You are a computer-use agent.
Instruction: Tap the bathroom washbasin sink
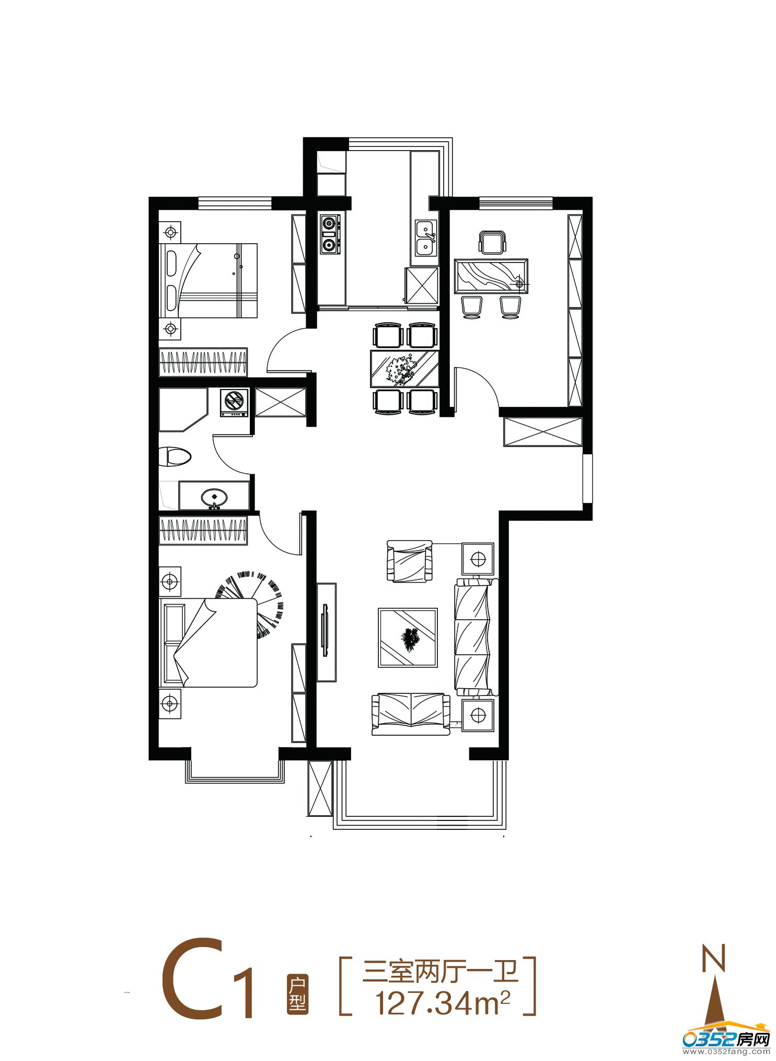tap(214, 496)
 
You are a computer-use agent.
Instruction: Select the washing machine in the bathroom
tap(234, 403)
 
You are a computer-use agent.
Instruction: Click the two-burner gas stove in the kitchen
tap(330, 234)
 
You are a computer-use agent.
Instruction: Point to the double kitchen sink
tap(426, 238)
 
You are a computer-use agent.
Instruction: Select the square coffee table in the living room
tap(408, 637)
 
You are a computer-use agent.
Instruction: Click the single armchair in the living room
tap(410, 561)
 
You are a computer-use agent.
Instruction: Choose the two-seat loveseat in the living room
tap(411, 714)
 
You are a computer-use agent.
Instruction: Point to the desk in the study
tap(491, 276)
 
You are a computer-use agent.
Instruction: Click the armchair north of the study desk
tap(492, 243)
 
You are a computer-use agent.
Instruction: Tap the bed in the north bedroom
tap(208, 280)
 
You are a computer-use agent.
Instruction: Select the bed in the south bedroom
tap(208, 643)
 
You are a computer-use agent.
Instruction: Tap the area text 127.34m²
tap(442, 1002)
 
